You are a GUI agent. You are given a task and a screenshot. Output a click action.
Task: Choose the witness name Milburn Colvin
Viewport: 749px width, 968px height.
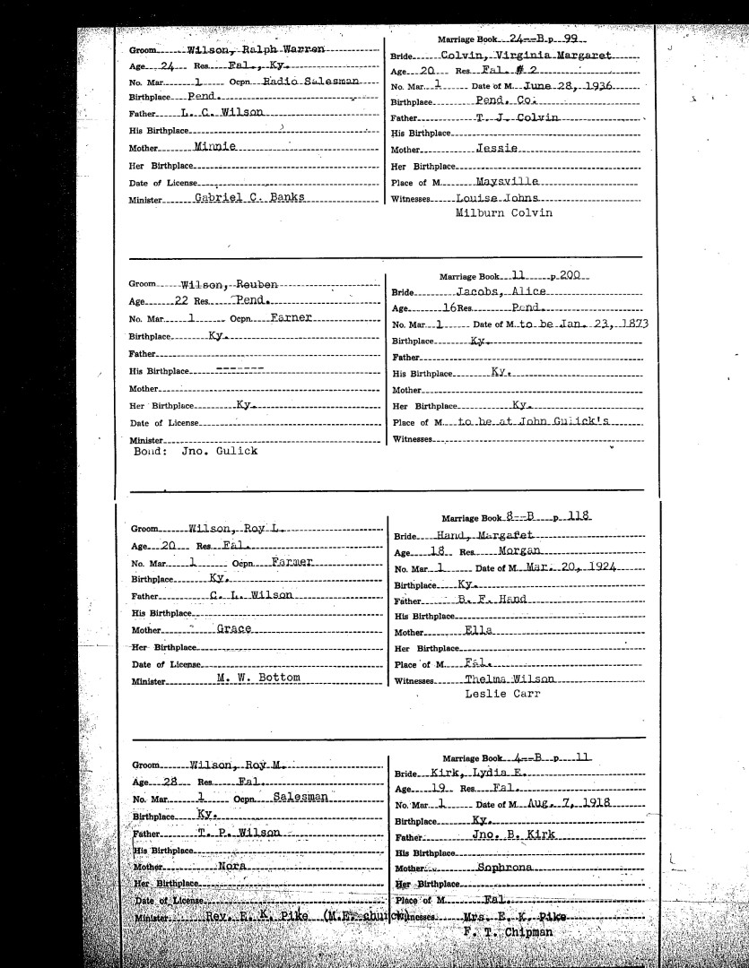tap(503, 213)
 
